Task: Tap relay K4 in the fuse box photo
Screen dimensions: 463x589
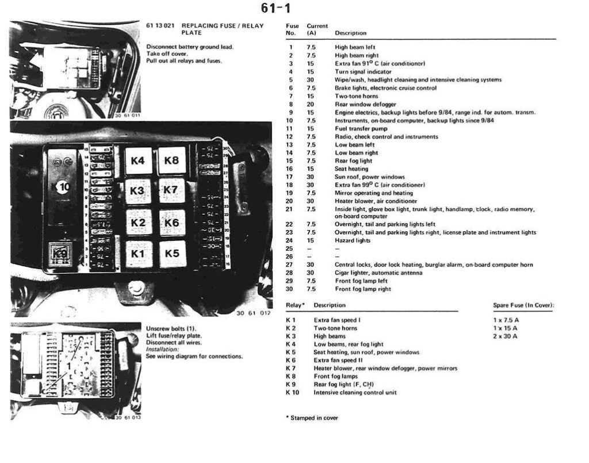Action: (138, 160)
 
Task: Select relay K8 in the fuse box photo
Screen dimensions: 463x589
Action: (171, 160)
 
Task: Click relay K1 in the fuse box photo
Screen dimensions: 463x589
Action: (138, 253)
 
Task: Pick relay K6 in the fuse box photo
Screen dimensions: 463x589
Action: (171, 223)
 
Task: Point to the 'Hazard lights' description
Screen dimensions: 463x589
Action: (353, 240)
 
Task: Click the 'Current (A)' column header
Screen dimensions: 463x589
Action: (317, 29)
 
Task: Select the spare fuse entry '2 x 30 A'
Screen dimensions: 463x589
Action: (505, 336)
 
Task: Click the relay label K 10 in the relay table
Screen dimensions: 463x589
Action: (293, 392)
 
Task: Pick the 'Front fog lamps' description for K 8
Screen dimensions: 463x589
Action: (335, 376)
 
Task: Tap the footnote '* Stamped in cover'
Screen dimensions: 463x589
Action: (312, 418)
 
